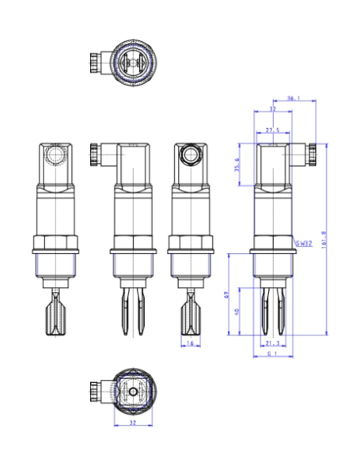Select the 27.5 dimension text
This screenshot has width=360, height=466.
point(273,130)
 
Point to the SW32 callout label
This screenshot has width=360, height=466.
point(304,245)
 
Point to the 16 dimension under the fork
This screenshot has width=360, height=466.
point(190,343)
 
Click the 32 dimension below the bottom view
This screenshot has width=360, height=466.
point(132,422)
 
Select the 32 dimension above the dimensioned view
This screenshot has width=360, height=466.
point(273,109)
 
